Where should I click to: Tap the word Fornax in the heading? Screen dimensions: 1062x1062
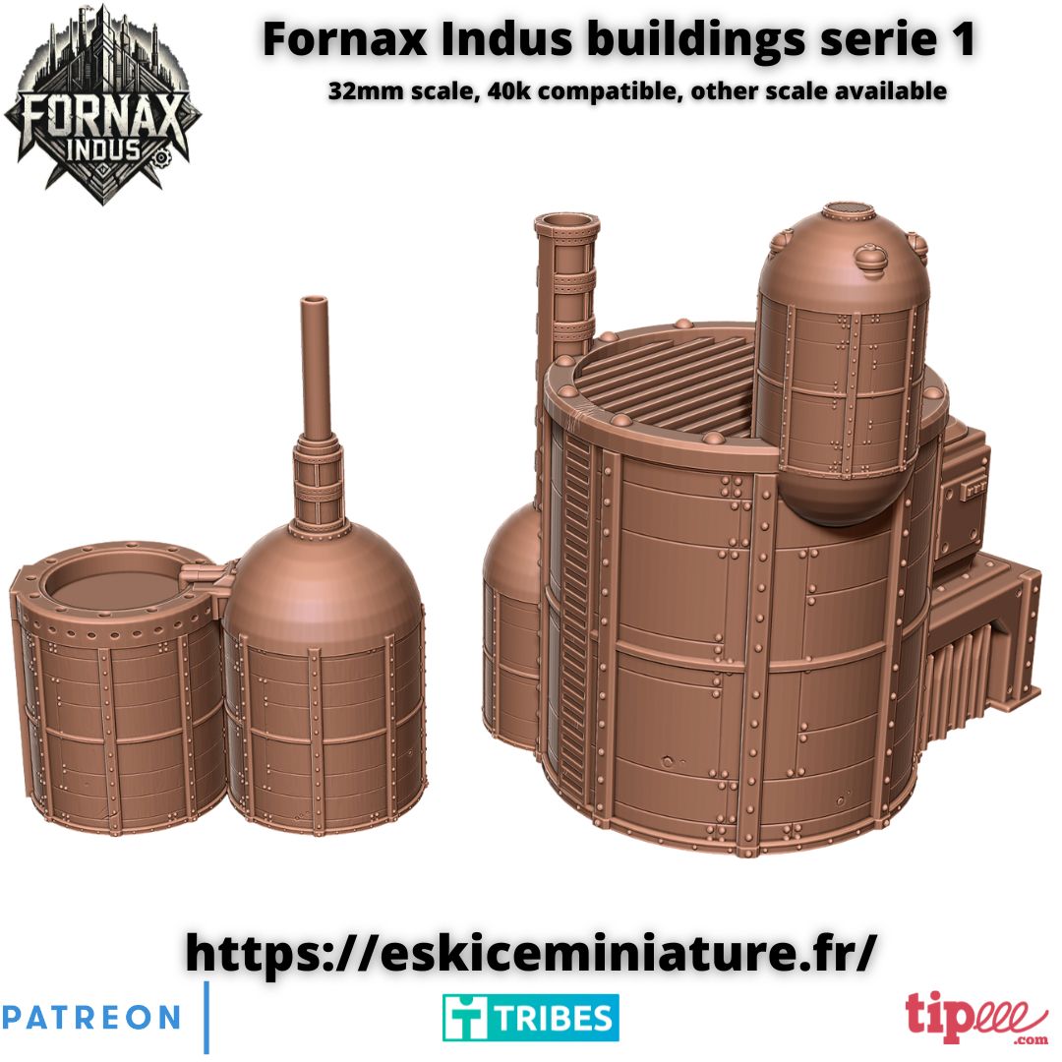coord(345,39)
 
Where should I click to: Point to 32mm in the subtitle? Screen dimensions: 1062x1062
coord(367,90)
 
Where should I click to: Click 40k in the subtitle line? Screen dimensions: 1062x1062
coord(508,90)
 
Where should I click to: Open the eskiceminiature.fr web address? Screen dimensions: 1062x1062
coord(532,952)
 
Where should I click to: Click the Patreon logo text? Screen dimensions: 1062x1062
coord(90,1018)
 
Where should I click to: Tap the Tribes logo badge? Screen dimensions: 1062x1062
coord(530,1018)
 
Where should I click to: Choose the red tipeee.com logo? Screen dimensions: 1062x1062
coord(976,1018)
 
